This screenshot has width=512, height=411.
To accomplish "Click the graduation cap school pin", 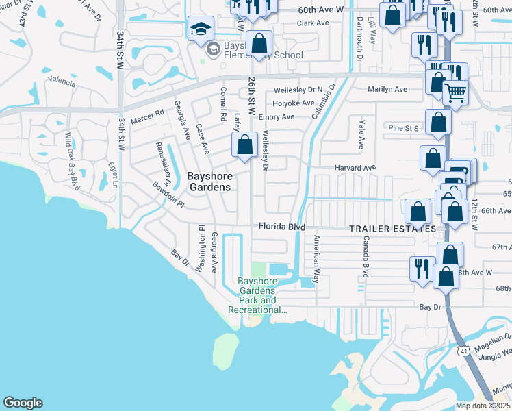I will (x=201, y=29).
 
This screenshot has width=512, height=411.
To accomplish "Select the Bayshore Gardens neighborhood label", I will (x=209, y=182).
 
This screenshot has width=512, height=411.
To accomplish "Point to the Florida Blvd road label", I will (x=281, y=227).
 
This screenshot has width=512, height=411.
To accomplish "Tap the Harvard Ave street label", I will (x=355, y=168).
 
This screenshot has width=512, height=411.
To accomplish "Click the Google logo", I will (x=23, y=403).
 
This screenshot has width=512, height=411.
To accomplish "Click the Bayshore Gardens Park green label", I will (x=257, y=296).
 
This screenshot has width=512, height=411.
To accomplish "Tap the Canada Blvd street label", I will (x=366, y=256).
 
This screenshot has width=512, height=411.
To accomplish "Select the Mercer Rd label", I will (x=148, y=114).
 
